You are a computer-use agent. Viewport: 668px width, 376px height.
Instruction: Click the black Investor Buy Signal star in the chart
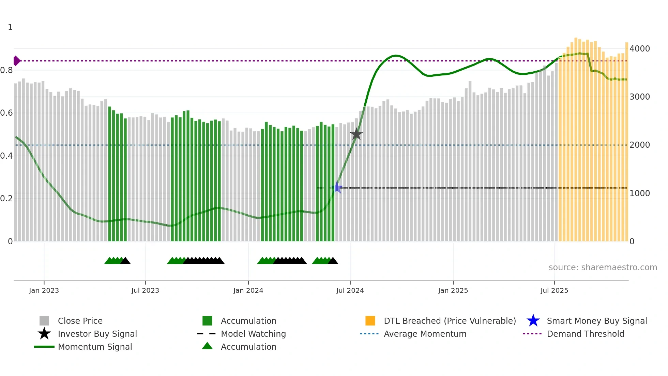coord(356,134)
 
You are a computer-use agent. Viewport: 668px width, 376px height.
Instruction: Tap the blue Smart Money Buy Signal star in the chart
coord(337,187)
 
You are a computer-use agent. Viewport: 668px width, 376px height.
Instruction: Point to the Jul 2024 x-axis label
coord(350,290)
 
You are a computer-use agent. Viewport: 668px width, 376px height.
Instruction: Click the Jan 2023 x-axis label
coord(44,290)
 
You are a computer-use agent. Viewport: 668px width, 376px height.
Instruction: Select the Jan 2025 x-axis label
coord(453,290)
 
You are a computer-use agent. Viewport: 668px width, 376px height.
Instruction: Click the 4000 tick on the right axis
coord(640,49)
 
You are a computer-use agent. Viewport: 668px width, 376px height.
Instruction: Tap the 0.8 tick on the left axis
coord(6,70)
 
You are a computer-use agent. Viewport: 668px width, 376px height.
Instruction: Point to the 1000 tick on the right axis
coord(640,193)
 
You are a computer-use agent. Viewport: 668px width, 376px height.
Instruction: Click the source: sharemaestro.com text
coord(603,267)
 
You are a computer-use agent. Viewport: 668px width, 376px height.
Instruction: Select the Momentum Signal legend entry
coord(95,347)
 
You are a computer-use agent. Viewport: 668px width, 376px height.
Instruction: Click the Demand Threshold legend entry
coord(585,334)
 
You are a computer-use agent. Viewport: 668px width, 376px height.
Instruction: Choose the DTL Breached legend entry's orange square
coord(370,321)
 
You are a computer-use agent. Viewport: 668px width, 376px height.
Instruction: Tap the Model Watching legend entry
coord(253,334)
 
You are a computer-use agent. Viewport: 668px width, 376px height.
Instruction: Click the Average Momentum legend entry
coord(425,334)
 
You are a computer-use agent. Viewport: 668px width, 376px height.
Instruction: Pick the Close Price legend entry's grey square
coord(44,321)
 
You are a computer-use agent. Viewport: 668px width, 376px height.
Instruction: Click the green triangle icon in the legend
coord(207,346)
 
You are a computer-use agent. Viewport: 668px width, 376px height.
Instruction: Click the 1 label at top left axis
coord(10,27)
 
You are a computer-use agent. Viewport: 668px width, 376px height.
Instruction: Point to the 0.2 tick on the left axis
coord(6,199)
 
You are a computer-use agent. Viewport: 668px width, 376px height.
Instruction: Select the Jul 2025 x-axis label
coord(554,290)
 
